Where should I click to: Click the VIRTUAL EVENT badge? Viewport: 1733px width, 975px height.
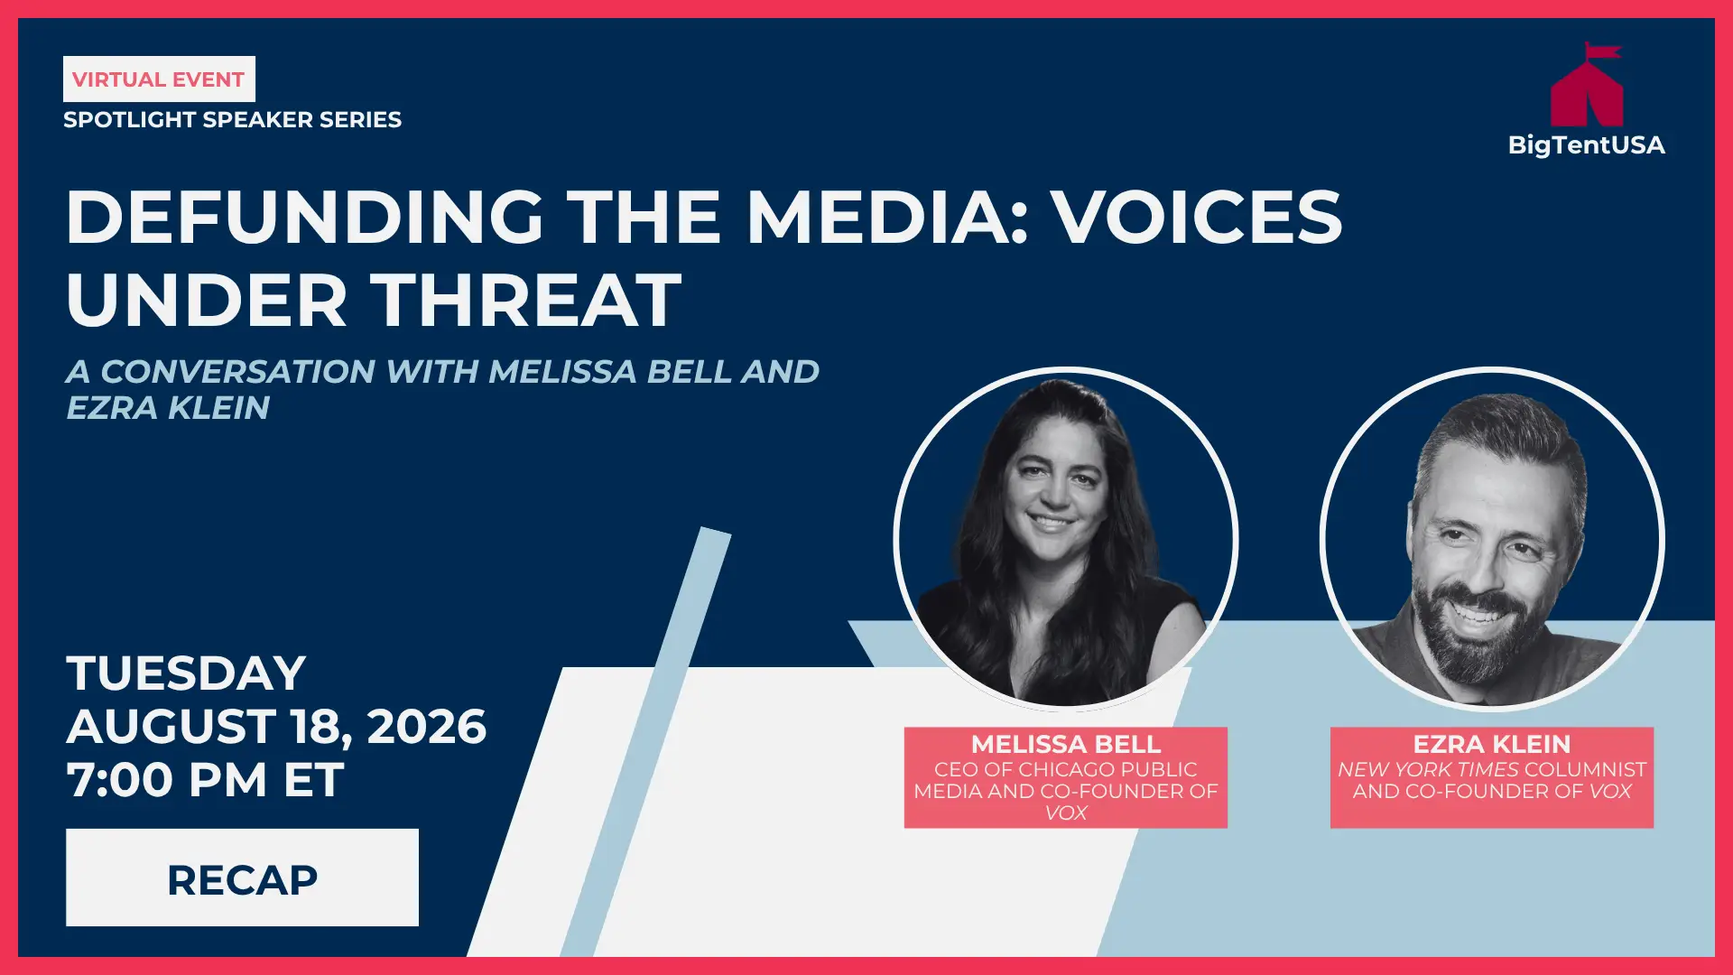pos(159,79)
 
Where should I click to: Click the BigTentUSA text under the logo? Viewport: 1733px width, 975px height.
pos(1586,145)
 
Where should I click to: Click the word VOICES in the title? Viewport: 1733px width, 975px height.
pos(1199,217)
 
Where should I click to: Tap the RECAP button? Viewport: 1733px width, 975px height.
pos(242,877)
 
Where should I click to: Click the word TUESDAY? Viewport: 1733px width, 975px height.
pos(186,673)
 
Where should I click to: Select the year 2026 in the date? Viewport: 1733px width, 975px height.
pos(426,726)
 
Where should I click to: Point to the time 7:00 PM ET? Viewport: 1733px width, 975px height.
pos(205,779)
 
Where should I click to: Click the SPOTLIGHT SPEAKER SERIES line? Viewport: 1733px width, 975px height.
pos(232,119)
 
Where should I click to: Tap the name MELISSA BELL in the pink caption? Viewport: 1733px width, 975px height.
pos(1066,744)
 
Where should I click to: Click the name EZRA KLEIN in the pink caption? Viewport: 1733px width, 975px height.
pos(1492,744)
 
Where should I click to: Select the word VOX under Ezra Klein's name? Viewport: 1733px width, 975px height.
pos(1610,792)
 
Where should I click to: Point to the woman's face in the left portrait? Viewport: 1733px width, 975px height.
pos(1053,492)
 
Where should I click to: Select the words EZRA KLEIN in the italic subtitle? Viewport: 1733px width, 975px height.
pos(168,408)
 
